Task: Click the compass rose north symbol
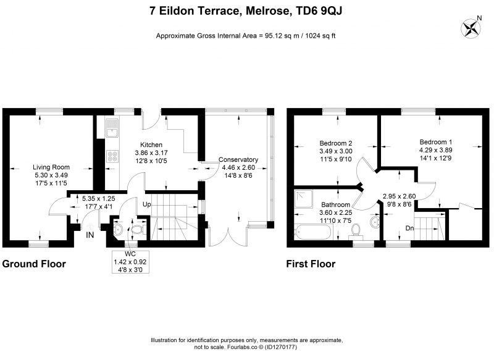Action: coord(471,28)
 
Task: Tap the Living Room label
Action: coord(51,167)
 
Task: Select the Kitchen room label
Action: coord(151,145)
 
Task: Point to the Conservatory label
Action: coord(238,160)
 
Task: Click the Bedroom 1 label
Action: coord(436,142)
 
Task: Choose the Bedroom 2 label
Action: coord(336,143)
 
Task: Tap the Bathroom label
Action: coord(335,205)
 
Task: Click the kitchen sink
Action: coord(112,128)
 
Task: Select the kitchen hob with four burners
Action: coord(112,156)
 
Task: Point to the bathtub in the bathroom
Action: coord(314,232)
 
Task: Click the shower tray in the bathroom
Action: coord(304,199)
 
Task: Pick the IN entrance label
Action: coord(90,235)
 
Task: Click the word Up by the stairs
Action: coord(147,204)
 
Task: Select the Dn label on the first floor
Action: coord(409,228)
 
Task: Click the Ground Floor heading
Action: coord(34,264)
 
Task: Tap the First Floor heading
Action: coord(311,264)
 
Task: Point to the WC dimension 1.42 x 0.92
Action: coord(130,262)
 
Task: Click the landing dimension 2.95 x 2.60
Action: coord(399,196)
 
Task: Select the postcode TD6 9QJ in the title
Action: coord(319,11)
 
